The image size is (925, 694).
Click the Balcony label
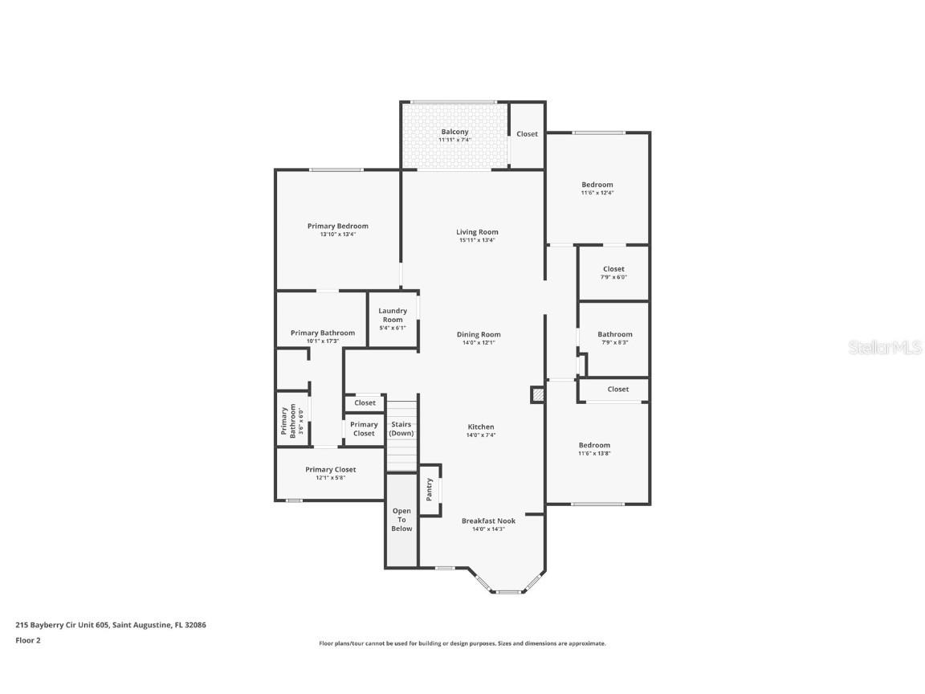point(454,132)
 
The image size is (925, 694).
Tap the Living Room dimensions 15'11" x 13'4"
point(477,240)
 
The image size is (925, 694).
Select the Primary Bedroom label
point(337,226)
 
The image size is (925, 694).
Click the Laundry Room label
point(393,315)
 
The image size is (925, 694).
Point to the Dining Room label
point(479,334)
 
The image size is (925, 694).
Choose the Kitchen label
point(481,427)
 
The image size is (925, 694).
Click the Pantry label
point(430,489)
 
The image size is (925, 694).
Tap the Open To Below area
point(401,519)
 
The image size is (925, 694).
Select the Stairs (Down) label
point(401,428)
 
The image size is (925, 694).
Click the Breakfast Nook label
point(488,520)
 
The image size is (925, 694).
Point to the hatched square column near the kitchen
point(537,394)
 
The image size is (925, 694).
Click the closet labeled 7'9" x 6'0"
point(613,272)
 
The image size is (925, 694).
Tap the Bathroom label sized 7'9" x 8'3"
point(614,334)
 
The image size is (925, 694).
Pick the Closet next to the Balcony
point(527,134)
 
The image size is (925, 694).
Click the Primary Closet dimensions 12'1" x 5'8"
point(330,478)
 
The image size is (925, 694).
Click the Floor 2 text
point(28,640)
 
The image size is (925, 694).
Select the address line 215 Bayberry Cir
point(111,624)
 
